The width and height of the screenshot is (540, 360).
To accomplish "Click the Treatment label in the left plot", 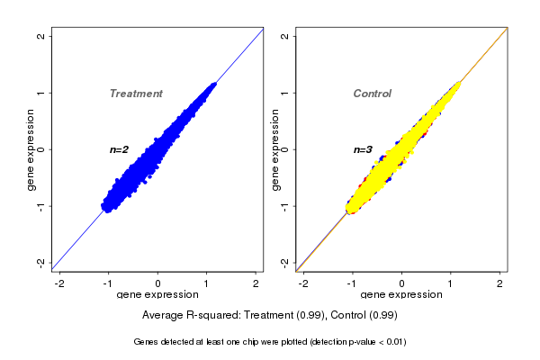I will click(136, 94).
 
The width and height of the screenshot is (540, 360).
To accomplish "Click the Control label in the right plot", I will click(372, 94).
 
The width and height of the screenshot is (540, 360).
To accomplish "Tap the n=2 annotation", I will click(120, 149).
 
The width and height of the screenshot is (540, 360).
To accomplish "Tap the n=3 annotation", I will click(363, 149).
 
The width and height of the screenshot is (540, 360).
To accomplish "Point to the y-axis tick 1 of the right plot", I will click(285, 93).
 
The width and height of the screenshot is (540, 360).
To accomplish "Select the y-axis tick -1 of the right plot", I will click(285, 206).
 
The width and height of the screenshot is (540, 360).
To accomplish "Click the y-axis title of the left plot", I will click(31, 149).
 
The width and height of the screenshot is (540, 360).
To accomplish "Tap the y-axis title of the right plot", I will click(274, 149).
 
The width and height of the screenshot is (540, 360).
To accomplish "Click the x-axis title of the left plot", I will click(158, 295).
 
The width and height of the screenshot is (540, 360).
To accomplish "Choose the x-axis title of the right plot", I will click(401, 295).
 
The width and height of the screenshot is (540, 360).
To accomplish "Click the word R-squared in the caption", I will click(211, 316).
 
